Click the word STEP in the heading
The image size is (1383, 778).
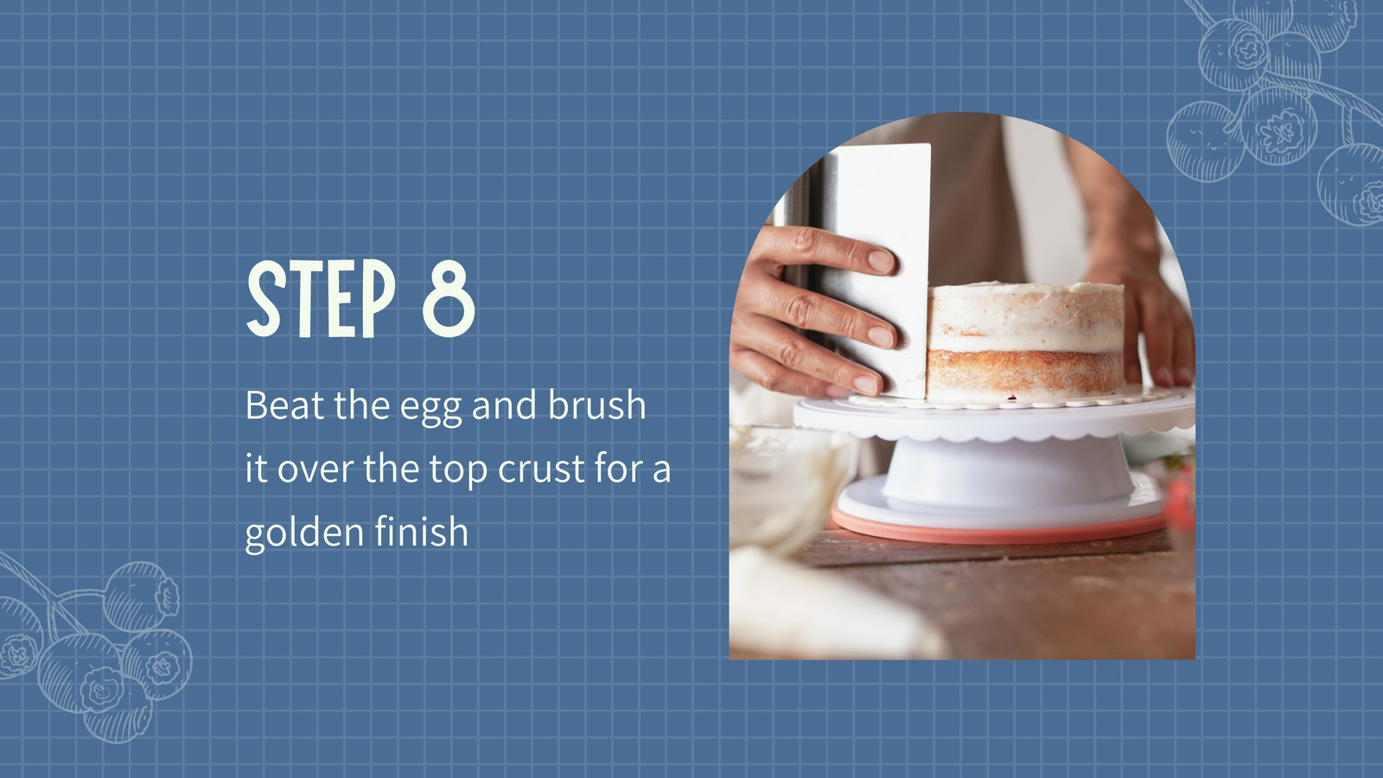coord(321,299)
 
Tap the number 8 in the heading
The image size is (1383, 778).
coord(449,299)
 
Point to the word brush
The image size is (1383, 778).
coord(596,405)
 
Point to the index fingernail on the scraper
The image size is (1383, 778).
coord(881,261)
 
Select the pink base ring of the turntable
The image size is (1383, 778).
coord(999,530)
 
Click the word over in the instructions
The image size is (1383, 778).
coord(315,470)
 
